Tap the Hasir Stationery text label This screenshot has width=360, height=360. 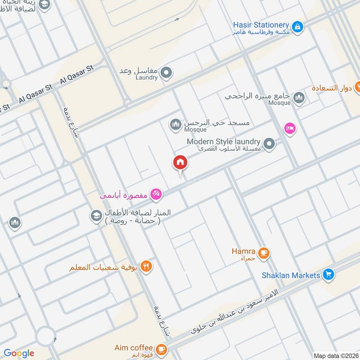click(261, 25)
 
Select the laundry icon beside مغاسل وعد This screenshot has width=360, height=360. click(166, 72)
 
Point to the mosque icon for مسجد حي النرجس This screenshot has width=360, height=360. click(175, 124)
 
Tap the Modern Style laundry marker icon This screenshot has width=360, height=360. click(269, 144)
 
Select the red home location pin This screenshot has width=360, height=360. click(180, 163)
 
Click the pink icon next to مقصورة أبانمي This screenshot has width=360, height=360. click(156, 194)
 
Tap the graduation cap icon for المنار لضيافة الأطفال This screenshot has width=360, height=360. click(95, 216)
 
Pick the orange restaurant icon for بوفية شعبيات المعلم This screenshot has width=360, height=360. click(146, 266)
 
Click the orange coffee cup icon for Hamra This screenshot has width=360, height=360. click(264, 253)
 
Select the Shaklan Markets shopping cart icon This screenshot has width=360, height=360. click(328, 274)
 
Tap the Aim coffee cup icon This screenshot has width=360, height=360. click(161, 349)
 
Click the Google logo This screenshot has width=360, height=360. click(19, 353)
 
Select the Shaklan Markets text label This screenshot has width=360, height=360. click(291, 275)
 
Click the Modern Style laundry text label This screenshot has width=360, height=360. click(224, 142)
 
